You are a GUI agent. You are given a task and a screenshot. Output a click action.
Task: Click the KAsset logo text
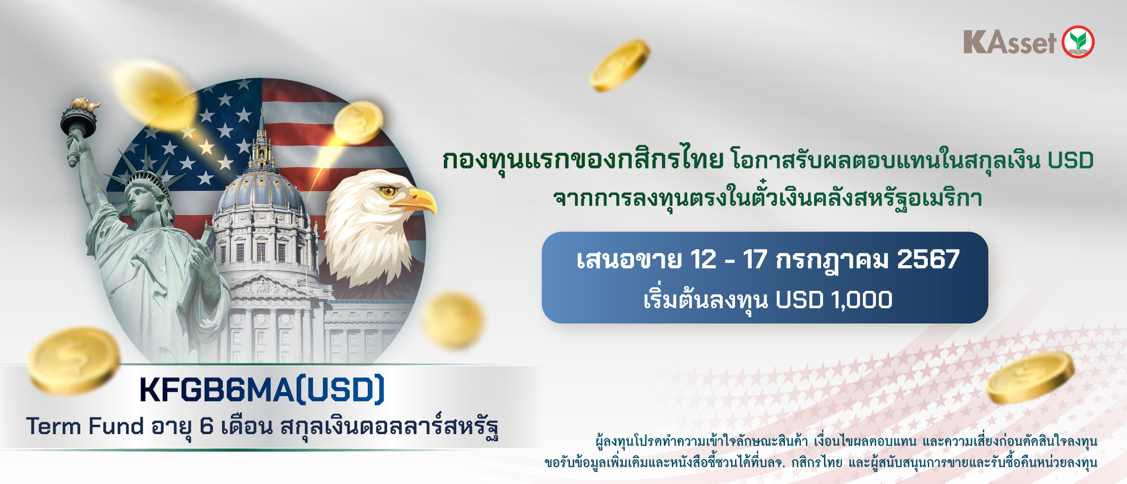[x=1009, y=42]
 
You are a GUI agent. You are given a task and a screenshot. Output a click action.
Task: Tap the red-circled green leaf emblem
[x=1078, y=42]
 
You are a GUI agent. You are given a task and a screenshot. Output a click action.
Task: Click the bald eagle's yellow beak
[x=420, y=201]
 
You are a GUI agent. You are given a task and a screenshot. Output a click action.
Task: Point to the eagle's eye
[x=388, y=191]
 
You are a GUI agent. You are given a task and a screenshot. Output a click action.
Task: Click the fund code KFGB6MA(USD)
[x=262, y=390]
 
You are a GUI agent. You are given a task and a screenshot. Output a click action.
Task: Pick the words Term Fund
[x=85, y=426]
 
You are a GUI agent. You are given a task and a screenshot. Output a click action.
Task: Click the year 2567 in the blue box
[x=928, y=260]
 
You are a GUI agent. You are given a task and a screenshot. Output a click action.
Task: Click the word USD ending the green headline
[x=1070, y=161]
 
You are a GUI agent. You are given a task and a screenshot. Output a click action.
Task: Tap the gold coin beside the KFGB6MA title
[x=73, y=361]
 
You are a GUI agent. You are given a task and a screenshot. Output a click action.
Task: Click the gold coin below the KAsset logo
[x=620, y=65]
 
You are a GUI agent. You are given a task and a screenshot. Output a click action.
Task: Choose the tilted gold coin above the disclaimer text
[x=1031, y=377]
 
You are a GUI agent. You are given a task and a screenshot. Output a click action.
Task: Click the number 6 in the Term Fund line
[x=207, y=427]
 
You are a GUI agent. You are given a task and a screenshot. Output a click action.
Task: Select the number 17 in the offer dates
[x=755, y=260]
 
